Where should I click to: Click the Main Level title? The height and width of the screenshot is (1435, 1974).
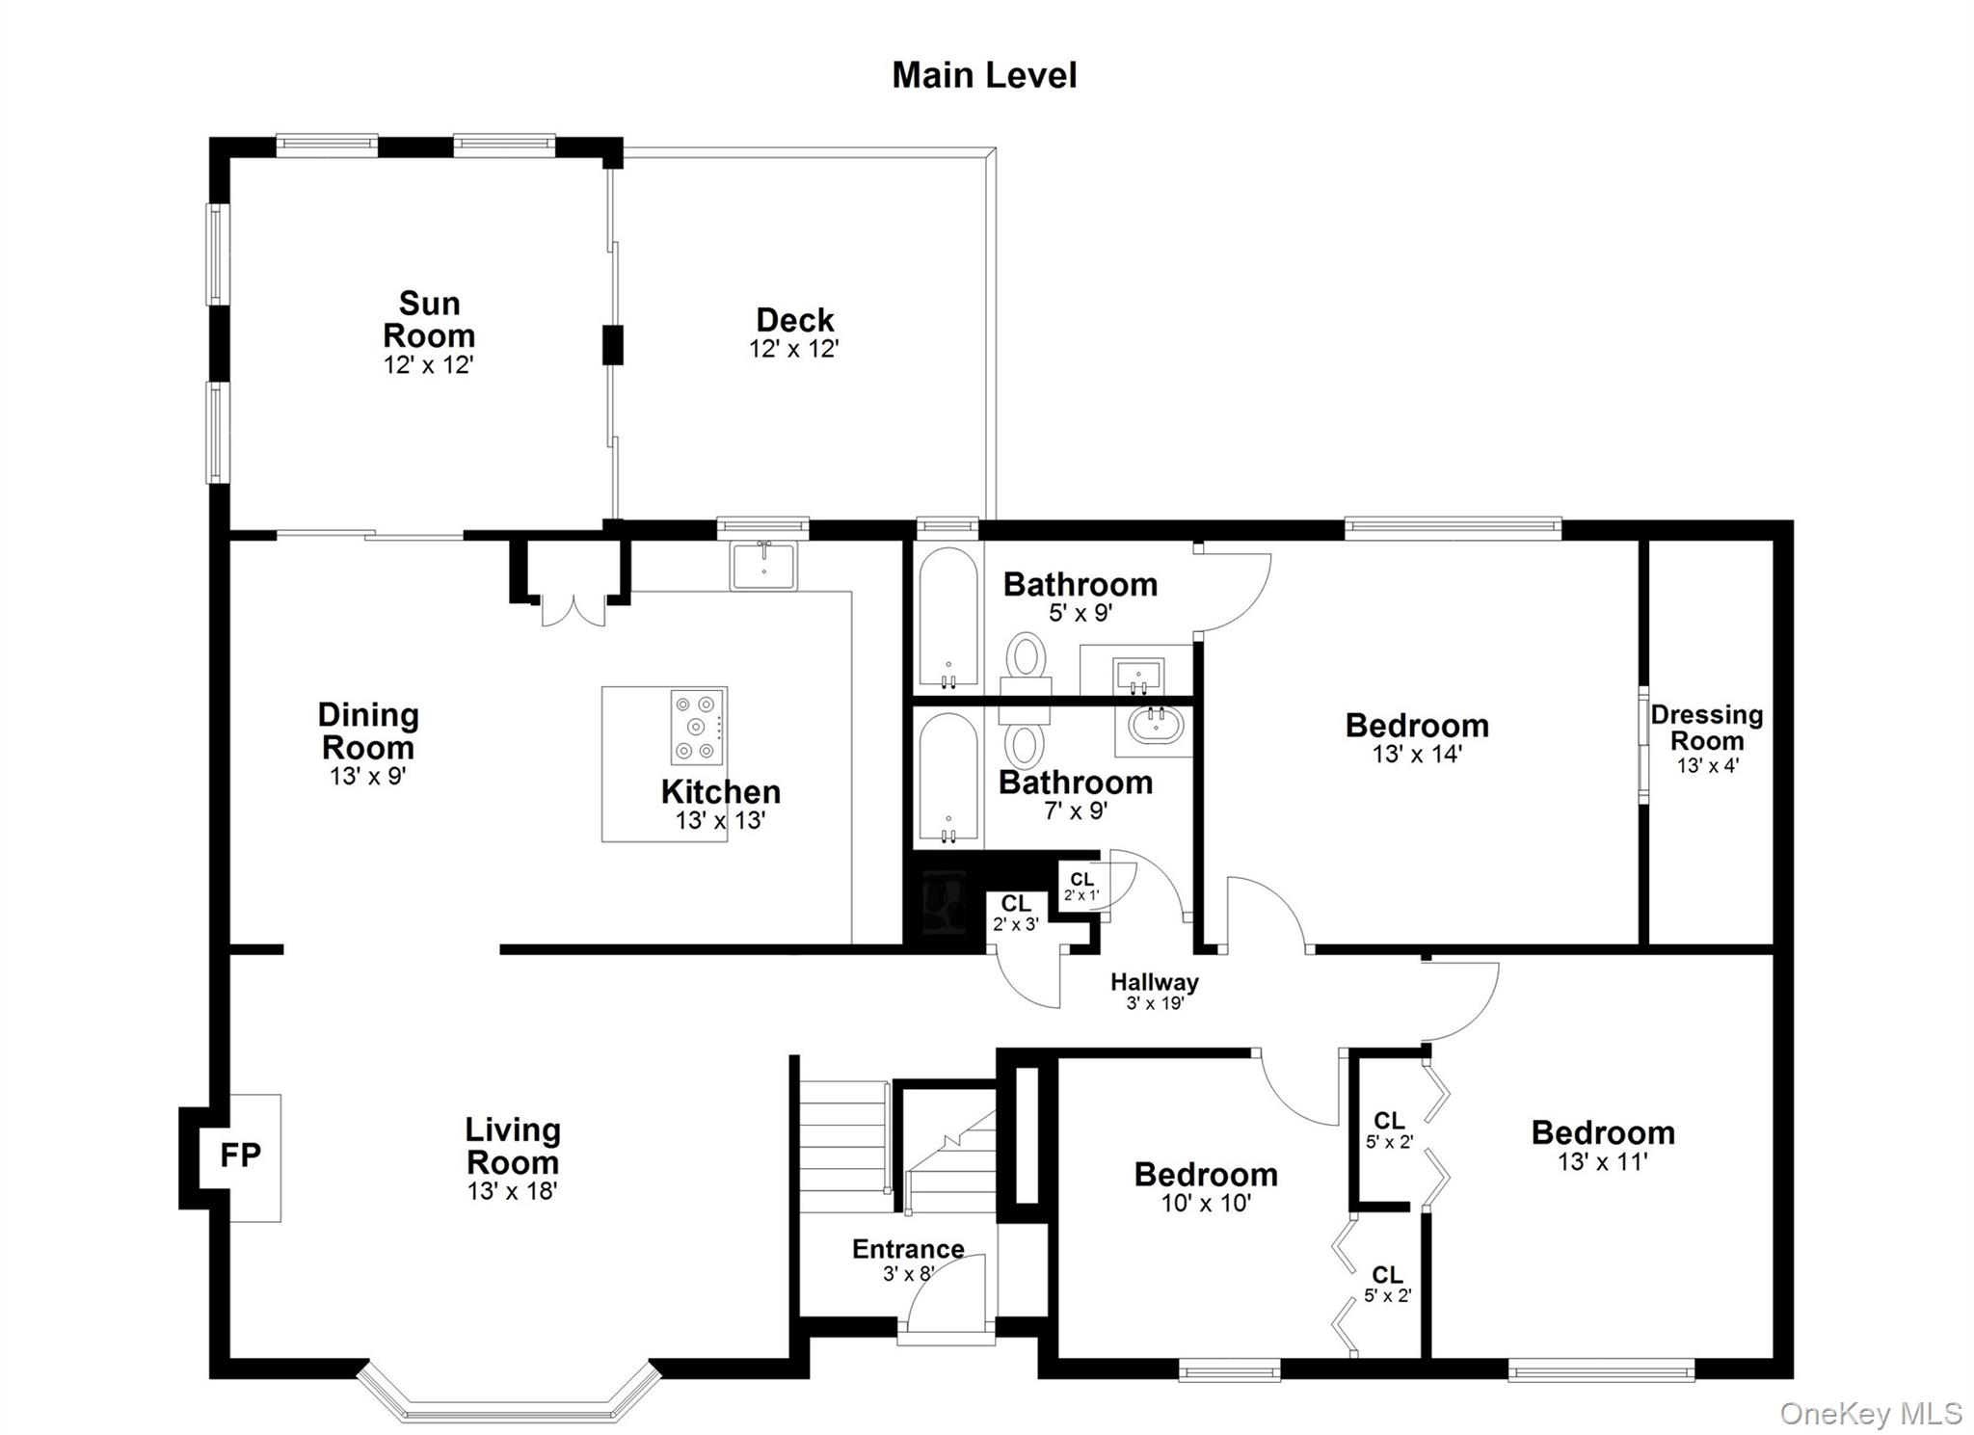984,75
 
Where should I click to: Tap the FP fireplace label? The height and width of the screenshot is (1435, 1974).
240,1155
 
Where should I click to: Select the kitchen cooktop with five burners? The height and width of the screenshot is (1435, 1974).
698,727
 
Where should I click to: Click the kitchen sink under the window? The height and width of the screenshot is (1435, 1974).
763,566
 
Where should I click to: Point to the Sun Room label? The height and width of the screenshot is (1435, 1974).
429,319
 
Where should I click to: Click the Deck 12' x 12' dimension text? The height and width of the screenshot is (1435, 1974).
794,349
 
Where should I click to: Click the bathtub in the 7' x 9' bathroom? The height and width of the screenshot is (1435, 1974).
948,777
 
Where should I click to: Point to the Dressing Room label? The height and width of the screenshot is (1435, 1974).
1707,728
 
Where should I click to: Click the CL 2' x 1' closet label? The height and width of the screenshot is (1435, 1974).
1081,886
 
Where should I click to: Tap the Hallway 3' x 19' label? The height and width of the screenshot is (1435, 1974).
1154,990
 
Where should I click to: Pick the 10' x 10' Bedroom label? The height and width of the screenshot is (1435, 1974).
1206,1174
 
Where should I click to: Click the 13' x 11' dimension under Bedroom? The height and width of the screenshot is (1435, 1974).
1602,1162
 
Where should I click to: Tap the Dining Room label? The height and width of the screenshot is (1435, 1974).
368,731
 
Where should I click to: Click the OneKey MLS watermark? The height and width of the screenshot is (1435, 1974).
1870,1413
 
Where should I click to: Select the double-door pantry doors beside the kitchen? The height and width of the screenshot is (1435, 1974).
574,611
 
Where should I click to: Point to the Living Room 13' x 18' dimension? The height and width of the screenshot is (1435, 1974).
512,1191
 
